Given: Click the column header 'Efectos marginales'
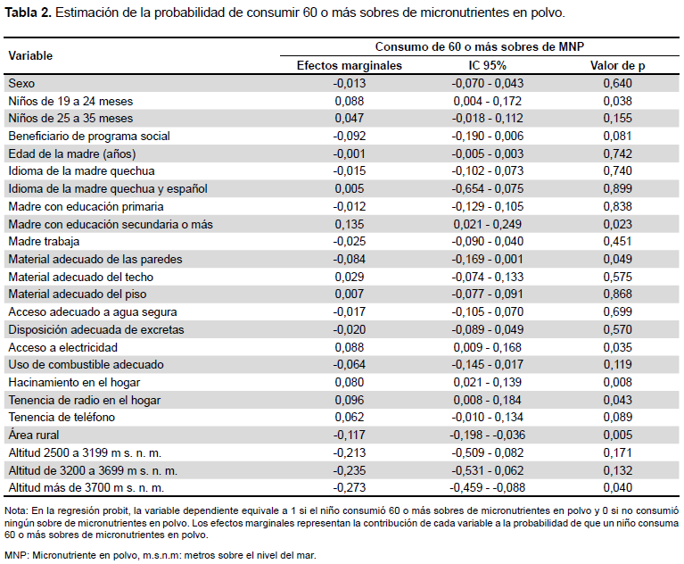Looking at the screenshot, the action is tap(349, 65).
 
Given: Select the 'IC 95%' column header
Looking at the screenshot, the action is tap(487, 65).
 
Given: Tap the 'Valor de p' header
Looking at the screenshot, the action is tap(617, 65).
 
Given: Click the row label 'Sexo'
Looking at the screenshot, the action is tap(21, 83).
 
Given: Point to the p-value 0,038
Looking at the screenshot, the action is tap(617, 101).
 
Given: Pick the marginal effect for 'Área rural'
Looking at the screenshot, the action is tap(349, 435).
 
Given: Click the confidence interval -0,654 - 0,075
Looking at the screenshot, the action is tap(487, 189).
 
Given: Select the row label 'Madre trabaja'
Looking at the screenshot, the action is tap(44, 242).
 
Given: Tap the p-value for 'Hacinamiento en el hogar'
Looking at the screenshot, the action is tap(617, 383).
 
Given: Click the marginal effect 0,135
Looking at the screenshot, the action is tap(349, 224).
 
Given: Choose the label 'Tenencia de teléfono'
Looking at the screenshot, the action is tap(62, 418).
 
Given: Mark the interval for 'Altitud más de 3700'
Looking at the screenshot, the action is tap(487, 487).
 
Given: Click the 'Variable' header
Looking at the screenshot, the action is tap(30, 56).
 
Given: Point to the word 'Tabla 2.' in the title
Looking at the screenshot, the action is tap(29, 12).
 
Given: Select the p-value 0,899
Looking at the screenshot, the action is tap(617, 189).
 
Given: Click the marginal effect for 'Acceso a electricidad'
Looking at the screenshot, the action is tap(349, 347).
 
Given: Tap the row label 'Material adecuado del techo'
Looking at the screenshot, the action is tap(80, 278).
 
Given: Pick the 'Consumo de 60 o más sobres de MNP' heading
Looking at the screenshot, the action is tap(480, 46).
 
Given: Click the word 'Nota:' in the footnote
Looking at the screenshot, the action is tap(16, 511).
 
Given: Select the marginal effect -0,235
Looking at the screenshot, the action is tap(349, 470).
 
